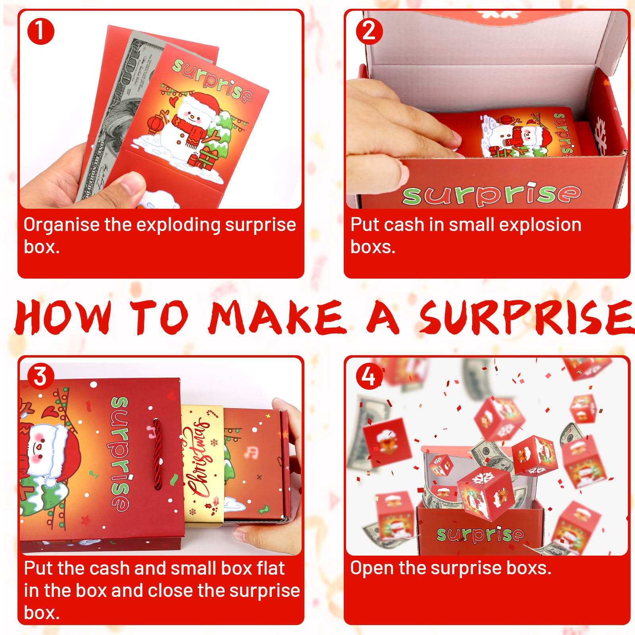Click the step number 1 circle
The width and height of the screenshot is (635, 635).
click(40, 31)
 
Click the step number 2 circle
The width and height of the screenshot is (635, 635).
click(369, 31)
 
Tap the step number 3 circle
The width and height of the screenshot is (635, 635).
click(40, 376)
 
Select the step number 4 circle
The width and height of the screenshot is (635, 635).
click(369, 376)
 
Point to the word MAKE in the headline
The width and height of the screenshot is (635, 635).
click(277, 317)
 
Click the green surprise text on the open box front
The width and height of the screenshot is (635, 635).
click(492, 194)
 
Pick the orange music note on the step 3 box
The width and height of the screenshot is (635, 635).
click(252, 452)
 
